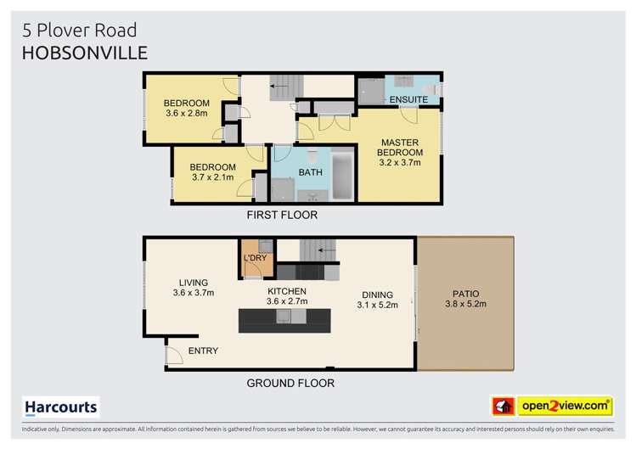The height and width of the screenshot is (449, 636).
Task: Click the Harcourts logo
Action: coord(60,407)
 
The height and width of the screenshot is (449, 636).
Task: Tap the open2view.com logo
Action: coord(564,407)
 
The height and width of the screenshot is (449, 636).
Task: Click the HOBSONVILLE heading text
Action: coord(84,52)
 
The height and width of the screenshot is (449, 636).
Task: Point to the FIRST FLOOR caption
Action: coord(282,215)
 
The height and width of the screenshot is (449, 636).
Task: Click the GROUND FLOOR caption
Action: coord(290,383)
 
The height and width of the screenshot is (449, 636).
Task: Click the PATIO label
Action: coord(465,294)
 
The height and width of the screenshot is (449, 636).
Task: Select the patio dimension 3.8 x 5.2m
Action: coord(465,305)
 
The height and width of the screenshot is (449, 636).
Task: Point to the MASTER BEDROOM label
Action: coord(400,148)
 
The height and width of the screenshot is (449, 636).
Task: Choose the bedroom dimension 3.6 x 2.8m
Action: coord(186,113)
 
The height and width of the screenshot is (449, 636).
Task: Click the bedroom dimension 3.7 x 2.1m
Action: coord(212,177)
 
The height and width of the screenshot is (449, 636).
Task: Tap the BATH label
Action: coord(309,172)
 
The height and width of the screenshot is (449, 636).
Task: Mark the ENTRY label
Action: coord(203,351)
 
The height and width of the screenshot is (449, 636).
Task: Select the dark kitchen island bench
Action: coord(284,318)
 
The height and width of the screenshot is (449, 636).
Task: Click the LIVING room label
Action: coord(194,283)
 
